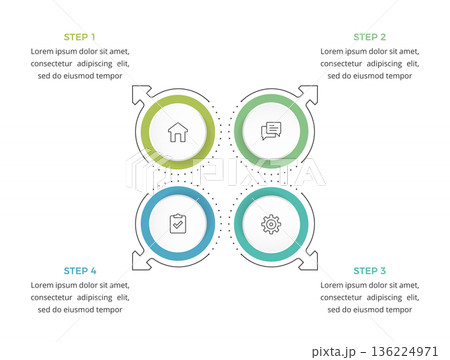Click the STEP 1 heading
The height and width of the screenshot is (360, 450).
pos(79,37)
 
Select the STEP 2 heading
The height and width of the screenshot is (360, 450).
pos(369,37)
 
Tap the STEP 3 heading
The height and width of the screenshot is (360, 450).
pos(369,271)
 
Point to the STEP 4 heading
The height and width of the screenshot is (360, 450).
pos(80,271)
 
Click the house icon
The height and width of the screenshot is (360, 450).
pos(178,132)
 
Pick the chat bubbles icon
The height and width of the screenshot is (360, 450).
pos(271,131)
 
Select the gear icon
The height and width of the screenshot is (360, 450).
pos(271,224)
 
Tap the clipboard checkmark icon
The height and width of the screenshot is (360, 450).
pos(178,224)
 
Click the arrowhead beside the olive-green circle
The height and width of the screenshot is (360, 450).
pos(141,94)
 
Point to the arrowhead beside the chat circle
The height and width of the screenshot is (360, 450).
pos(308,94)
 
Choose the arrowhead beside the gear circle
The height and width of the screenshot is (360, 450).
pos(308,261)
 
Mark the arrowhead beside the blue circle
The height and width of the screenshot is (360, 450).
pos(141,261)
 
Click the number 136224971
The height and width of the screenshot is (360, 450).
pos(404,351)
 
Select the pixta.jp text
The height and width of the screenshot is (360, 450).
pos(334,352)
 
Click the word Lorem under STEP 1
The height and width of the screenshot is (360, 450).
pos(42,51)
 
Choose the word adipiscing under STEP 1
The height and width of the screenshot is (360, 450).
pos(95,64)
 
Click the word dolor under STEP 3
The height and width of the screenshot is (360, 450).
pos(378,285)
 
